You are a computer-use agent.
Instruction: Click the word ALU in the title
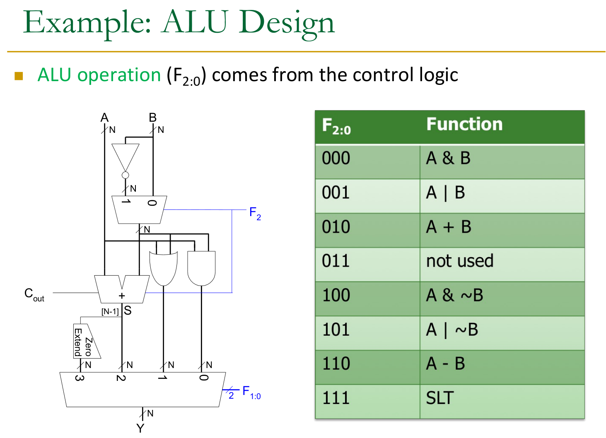tap(195, 22)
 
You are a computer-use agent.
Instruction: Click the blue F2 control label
tap(255, 214)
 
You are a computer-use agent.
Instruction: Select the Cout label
tap(34, 294)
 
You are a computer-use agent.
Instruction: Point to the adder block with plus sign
tap(122, 290)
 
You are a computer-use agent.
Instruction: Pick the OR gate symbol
tap(163, 267)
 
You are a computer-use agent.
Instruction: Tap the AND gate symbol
tap(201, 267)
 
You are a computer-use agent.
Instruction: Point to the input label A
tap(104, 118)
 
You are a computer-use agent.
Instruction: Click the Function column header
tap(464, 124)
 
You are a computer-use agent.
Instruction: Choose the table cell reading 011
tap(336, 261)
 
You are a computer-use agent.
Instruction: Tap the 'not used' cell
tap(460, 261)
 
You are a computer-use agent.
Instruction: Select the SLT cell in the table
tap(440, 398)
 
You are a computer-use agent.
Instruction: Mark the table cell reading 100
tap(336, 296)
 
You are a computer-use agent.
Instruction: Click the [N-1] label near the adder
tap(110, 311)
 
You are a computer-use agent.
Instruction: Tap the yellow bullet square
tap(19, 76)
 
